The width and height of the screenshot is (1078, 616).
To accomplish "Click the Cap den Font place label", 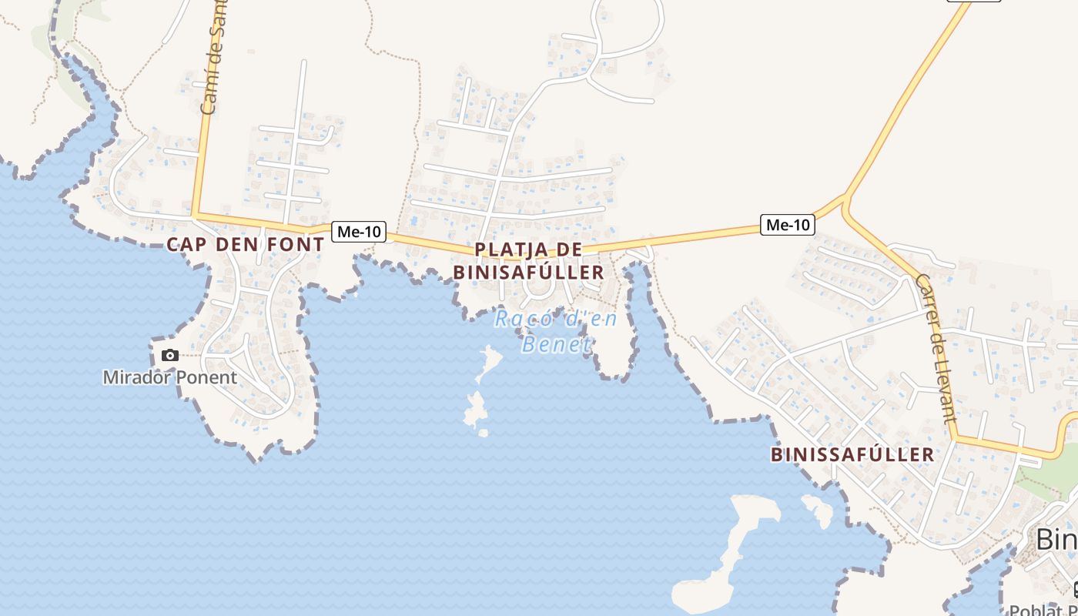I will click(x=246, y=245).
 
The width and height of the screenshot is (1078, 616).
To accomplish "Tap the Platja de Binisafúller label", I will click(x=528, y=261).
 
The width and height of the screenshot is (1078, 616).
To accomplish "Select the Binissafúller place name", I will click(x=852, y=454).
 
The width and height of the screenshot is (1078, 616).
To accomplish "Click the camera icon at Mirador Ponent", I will click(x=170, y=356).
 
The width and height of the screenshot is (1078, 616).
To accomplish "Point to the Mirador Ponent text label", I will click(x=170, y=377).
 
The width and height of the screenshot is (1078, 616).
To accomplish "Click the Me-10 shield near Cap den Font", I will click(x=359, y=232).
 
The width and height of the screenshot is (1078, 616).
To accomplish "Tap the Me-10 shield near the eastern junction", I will click(x=788, y=225).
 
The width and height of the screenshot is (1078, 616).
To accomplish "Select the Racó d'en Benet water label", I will click(x=556, y=331).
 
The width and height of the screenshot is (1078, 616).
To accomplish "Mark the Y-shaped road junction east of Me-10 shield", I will click(x=845, y=202).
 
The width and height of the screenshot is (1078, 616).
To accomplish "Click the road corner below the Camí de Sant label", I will click(x=196, y=215).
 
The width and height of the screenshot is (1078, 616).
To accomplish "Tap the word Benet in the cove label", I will click(x=556, y=344).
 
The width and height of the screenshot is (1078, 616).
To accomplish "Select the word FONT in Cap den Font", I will click(x=296, y=245).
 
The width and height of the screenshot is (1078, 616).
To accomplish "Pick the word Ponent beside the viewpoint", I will click(x=205, y=377).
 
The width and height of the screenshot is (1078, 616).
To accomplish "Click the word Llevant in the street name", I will click(x=944, y=377).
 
